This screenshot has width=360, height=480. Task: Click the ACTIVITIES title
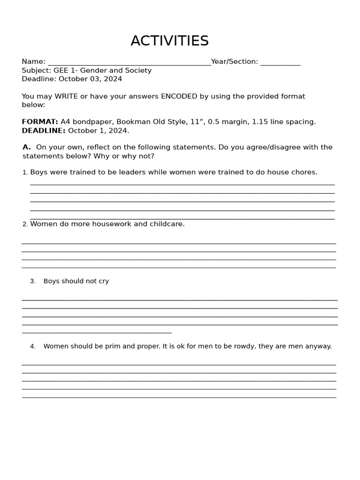(170, 41)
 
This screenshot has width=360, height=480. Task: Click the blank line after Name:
(129, 63)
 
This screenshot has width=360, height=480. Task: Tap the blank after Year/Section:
(280, 63)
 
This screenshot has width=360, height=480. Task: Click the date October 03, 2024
(90, 79)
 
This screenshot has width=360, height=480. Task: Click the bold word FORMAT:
(40, 122)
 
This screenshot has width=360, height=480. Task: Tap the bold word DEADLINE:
(44, 130)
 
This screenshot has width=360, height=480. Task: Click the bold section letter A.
(26, 147)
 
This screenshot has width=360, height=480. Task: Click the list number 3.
(32, 281)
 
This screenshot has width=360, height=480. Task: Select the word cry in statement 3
(104, 281)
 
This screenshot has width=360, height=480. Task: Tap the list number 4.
(32, 346)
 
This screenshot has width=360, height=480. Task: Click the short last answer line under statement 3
(97, 332)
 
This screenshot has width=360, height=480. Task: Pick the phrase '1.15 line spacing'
(284, 122)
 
